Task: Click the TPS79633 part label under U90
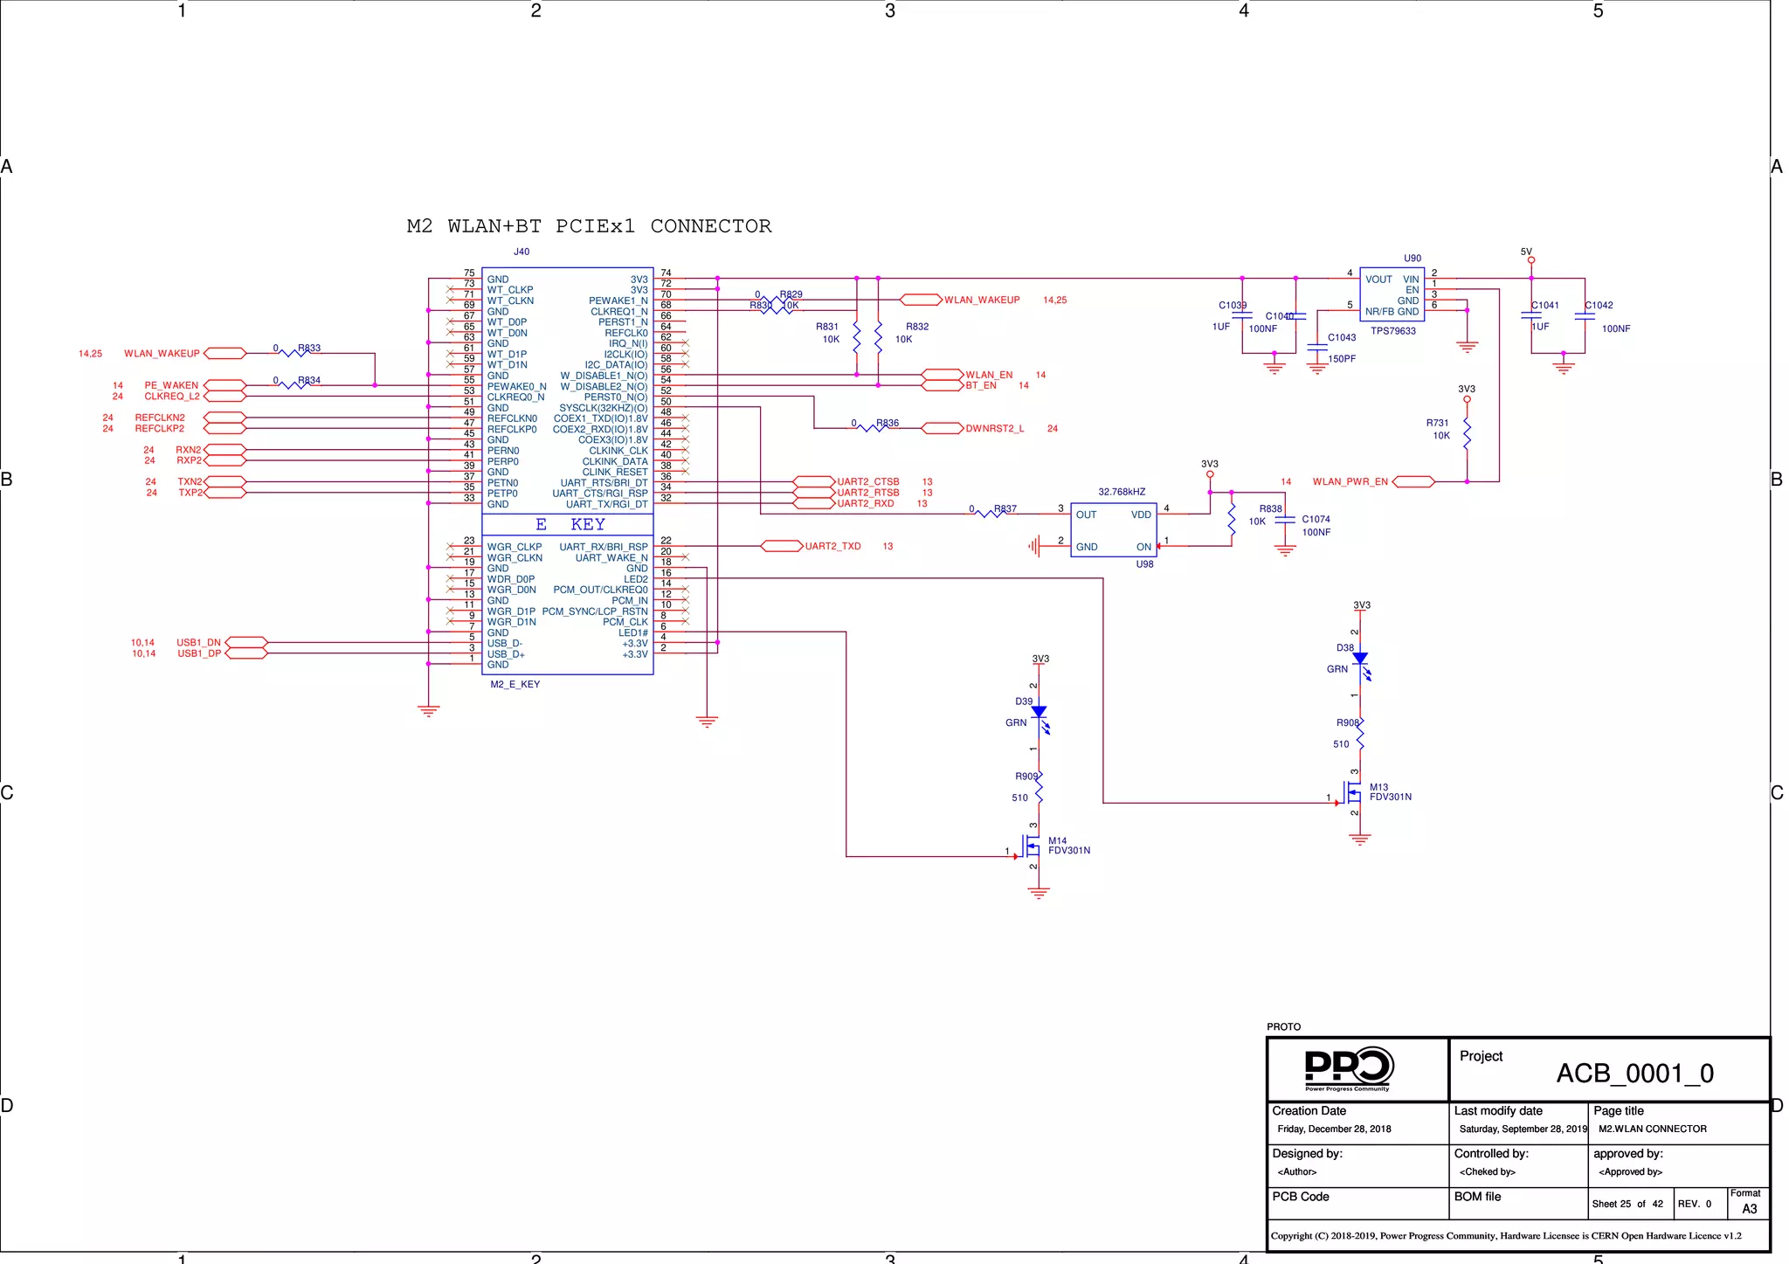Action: click(x=1392, y=331)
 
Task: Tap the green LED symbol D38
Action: click(x=1360, y=660)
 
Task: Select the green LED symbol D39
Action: click(x=1039, y=714)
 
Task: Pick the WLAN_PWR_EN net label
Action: click(x=1350, y=482)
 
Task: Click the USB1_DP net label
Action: click(x=199, y=654)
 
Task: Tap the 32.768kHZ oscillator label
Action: click(x=1122, y=493)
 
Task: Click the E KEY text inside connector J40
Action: click(x=570, y=525)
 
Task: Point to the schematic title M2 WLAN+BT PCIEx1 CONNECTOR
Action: click(x=589, y=227)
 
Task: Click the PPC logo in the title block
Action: click(x=1348, y=1069)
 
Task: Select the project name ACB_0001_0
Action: click(x=1634, y=1074)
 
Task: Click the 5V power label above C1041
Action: click(x=1526, y=252)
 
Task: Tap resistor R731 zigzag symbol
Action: click(x=1467, y=434)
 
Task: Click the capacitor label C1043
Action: click(x=1342, y=338)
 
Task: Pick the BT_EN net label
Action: click(x=980, y=386)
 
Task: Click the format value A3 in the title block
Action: click(x=1749, y=1210)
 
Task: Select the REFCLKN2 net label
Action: click(x=160, y=418)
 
